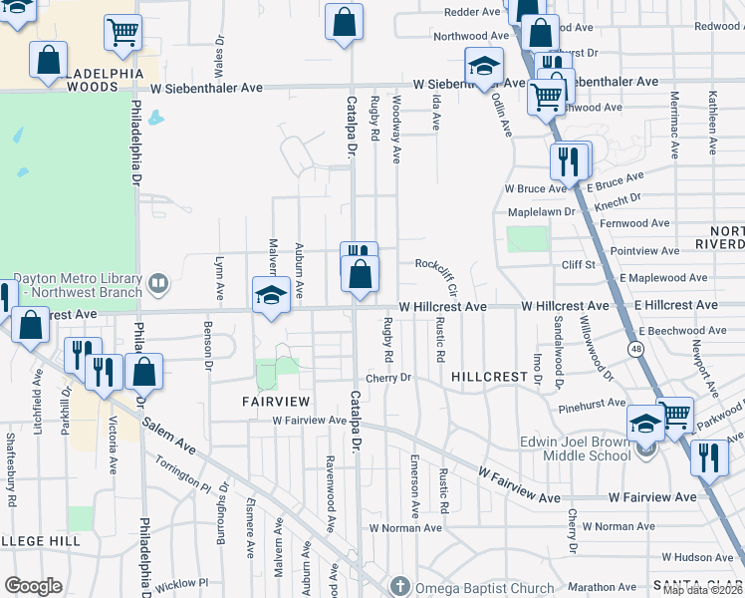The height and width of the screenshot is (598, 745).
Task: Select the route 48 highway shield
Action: coord(634,349)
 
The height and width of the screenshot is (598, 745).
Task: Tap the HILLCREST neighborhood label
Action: coord(488,377)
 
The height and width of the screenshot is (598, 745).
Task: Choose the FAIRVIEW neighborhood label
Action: coord(276,400)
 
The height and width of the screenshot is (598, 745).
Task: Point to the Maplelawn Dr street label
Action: coord(542,211)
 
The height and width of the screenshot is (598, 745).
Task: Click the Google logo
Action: coord(34,586)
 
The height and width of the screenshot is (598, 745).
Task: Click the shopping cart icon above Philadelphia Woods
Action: coord(122,31)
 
